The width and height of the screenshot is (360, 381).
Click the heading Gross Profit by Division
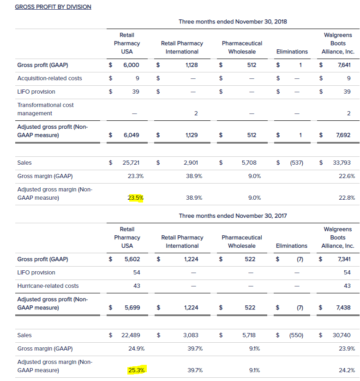(x=53, y=7)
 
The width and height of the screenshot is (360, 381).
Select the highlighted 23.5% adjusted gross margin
(x=136, y=198)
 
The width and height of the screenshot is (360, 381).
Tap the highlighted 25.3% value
(x=136, y=370)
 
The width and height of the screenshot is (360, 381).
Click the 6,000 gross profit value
(x=131, y=65)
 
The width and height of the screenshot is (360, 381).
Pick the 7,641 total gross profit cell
(x=344, y=65)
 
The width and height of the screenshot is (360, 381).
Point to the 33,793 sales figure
(x=342, y=162)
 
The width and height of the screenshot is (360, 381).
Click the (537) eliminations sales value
(x=297, y=162)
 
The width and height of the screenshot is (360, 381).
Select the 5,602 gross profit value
(x=132, y=259)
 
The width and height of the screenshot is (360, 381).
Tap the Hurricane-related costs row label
(x=48, y=286)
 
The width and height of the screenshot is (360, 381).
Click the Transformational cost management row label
(x=45, y=109)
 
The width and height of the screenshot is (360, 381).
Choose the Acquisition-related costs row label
(x=49, y=78)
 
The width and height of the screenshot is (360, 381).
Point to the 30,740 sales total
(x=342, y=335)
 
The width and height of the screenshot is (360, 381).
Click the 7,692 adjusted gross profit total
(x=343, y=135)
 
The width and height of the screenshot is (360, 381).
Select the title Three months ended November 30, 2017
(x=233, y=216)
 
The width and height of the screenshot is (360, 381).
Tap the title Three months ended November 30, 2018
(x=233, y=22)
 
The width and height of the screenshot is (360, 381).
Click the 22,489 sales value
(x=131, y=335)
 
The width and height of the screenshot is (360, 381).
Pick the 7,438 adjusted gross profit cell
(x=343, y=307)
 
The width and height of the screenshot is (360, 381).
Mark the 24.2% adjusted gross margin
(x=347, y=370)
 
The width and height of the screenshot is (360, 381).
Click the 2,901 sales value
(x=191, y=162)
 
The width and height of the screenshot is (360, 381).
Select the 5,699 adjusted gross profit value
(x=132, y=307)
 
